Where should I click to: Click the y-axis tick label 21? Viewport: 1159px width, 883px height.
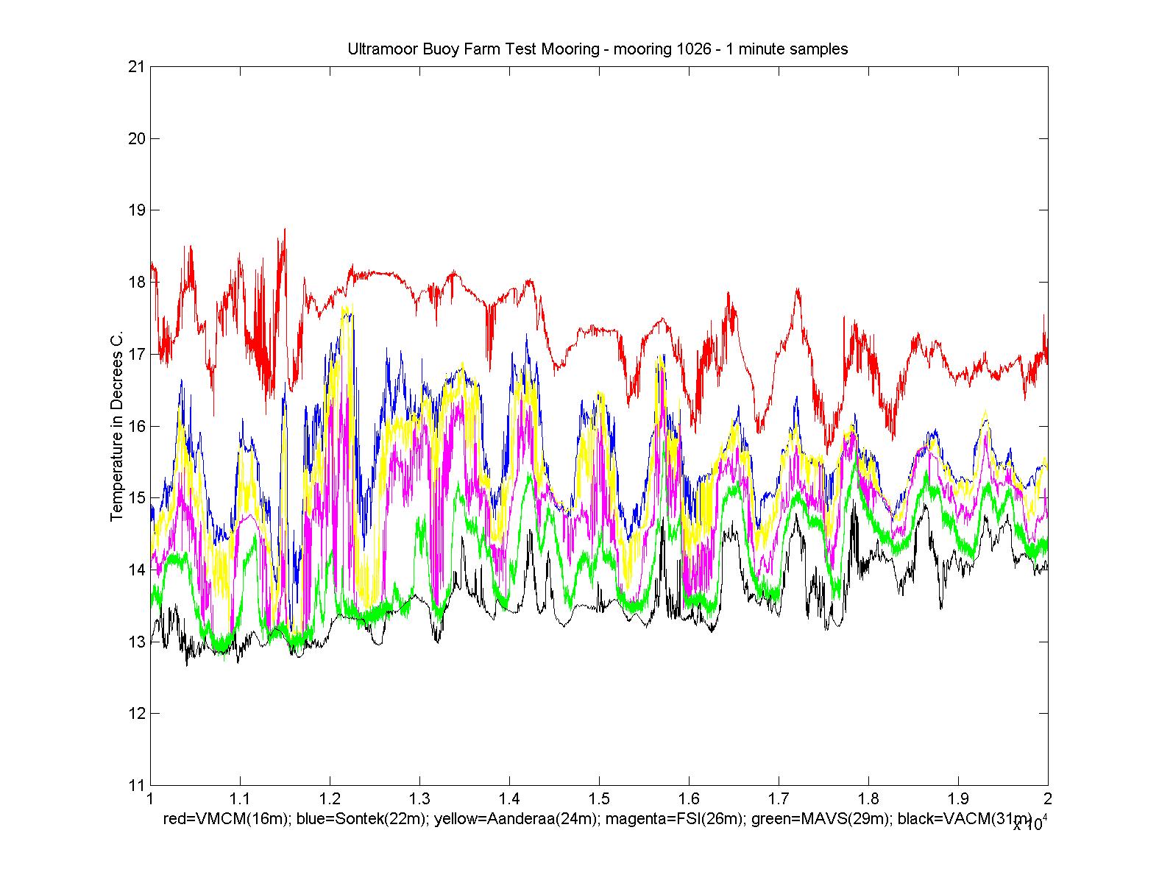click(136, 67)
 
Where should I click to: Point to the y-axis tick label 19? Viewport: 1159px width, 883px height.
click(136, 210)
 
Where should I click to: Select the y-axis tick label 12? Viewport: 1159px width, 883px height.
click(136, 714)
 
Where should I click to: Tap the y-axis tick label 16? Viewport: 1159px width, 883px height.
click(136, 426)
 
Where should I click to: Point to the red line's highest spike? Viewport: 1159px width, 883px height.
click(284, 230)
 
